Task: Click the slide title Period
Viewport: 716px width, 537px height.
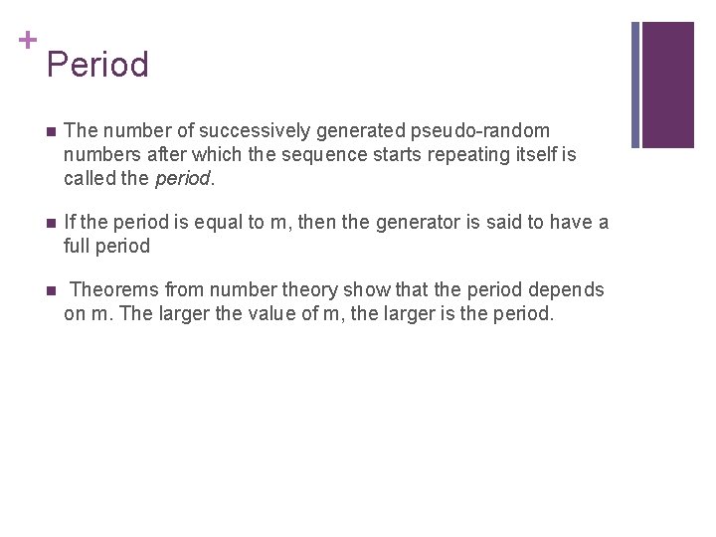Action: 97,65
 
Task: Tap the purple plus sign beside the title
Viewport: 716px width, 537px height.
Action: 27,40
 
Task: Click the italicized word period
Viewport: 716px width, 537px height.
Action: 183,178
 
